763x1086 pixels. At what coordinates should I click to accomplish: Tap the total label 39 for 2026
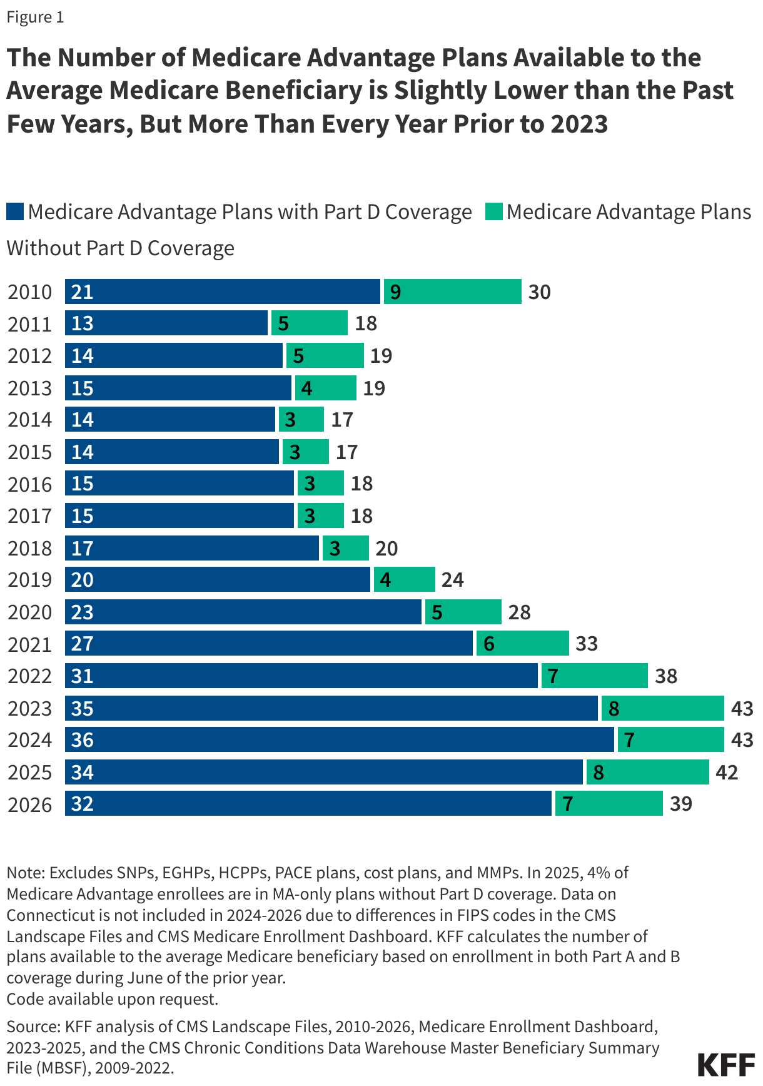681,804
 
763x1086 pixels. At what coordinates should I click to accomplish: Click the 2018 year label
29,549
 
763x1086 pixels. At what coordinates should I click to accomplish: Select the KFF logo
725,1065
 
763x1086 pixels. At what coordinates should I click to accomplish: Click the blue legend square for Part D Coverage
15,212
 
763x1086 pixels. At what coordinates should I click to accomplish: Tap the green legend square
494,212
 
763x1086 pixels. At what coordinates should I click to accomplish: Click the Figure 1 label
35,17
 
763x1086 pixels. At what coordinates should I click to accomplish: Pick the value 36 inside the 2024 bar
83,740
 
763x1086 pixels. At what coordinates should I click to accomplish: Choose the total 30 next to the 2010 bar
539,292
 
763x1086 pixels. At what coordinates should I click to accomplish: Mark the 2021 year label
29,644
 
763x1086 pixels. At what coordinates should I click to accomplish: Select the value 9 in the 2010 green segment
395,292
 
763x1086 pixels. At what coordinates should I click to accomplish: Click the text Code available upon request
113,999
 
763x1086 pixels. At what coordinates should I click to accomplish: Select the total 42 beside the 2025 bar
727,772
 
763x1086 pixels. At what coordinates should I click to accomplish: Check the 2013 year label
29,388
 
